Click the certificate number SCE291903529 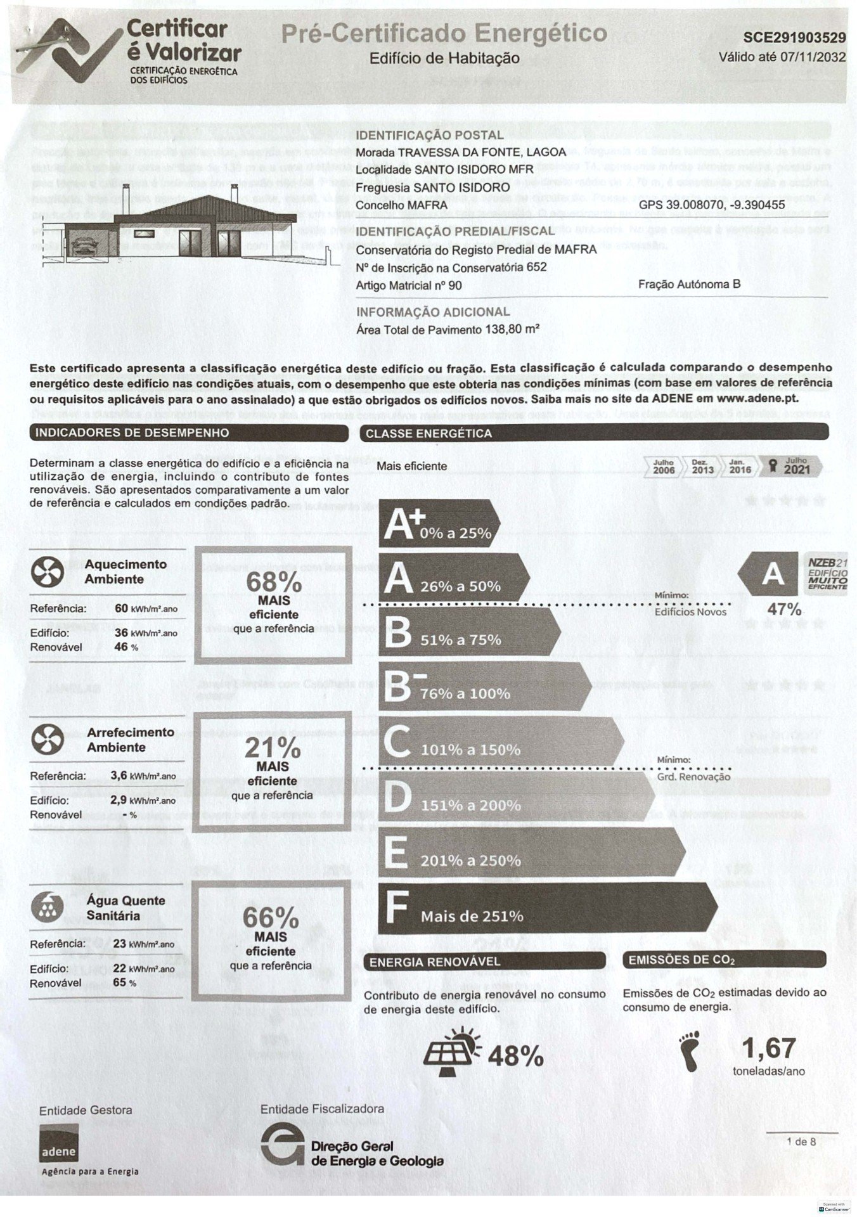point(794,39)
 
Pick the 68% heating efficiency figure point(273,583)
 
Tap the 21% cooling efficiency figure point(273,749)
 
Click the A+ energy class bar point(439,524)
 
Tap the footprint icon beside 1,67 point(690,1051)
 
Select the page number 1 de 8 point(801,1142)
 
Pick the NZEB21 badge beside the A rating point(827,574)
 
